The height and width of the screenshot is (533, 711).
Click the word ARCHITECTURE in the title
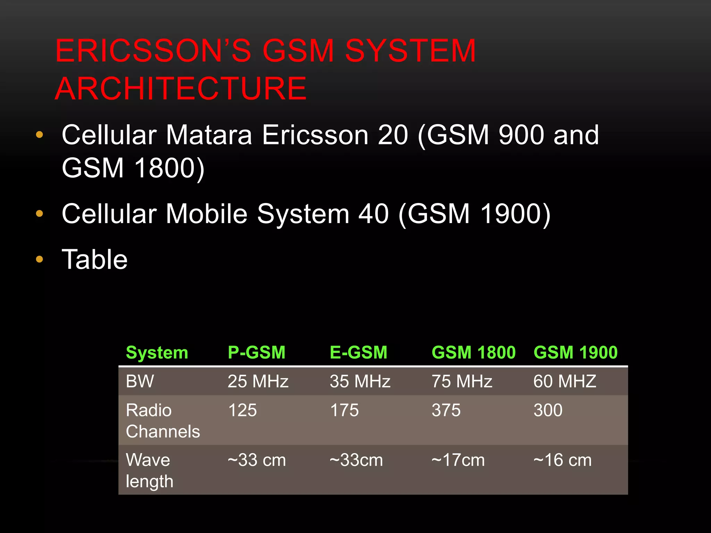coord(181,89)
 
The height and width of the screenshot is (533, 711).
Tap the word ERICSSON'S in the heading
coord(153,51)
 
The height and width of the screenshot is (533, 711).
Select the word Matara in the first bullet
coord(209,135)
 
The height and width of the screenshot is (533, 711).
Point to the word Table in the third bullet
coord(94,260)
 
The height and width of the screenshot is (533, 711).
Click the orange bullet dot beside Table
coord(40,259)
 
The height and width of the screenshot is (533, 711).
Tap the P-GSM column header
coord(257,353)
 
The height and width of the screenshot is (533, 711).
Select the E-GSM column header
coord(358,353)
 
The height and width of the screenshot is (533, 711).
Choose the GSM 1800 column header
coord(474,353)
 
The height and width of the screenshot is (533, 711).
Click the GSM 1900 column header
coord(576,353)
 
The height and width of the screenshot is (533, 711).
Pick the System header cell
coord(157,353)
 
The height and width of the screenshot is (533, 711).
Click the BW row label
coord(140,381)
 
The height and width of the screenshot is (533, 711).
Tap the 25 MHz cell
coord(258,381)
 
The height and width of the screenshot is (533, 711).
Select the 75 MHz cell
coord(462,381)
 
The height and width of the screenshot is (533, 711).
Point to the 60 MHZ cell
coord(565,381)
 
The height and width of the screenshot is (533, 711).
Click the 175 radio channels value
coord(344,410)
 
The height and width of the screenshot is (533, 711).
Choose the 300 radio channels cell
coord(548,410)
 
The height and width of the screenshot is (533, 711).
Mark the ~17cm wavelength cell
coord(458,460)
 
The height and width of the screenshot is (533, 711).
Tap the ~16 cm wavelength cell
coord(562,460)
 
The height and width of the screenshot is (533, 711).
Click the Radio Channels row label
coord(162,421)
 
